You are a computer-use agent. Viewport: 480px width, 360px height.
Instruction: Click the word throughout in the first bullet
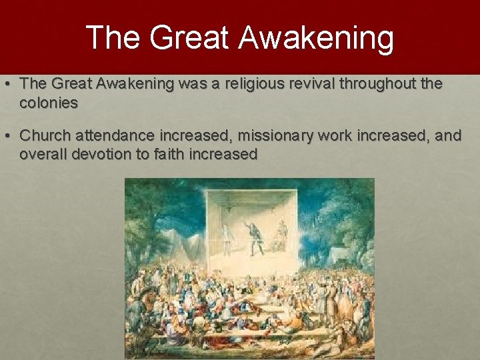pyautogui.click(x=387, y=84)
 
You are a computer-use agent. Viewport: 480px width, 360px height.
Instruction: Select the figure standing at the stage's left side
pyautogui.click(x=226, y=239)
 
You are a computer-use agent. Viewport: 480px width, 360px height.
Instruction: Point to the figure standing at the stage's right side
pyautogui.click(x=282, y=235)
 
